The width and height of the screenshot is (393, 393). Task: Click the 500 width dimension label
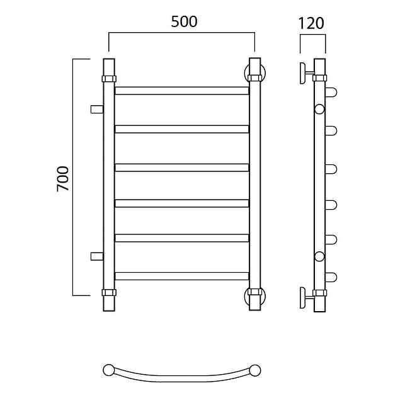tap(184, 21)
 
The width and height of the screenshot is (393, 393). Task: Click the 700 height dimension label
tap(62, 179)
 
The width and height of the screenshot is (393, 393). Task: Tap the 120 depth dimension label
tap(311, 23)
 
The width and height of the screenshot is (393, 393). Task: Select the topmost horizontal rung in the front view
tap(182, 91)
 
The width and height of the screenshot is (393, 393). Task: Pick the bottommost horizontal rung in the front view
tap(182, 276)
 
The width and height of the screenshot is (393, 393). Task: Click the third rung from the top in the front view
tap(182, 168)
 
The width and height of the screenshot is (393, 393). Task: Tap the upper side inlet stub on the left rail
tap(97, 110)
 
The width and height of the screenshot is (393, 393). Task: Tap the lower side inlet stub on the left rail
tap(97, 256)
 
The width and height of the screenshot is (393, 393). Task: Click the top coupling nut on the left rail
tap(109, 79)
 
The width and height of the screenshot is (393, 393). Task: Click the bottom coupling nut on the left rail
tap(109, 292)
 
